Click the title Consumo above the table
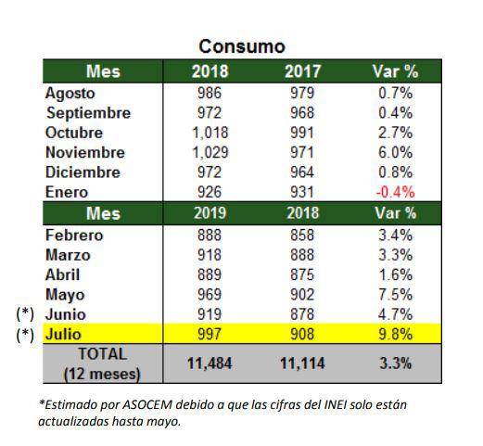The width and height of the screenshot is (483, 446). pyautogui.click(x=242, y=46)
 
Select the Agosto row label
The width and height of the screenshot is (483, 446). pyautogui.click(x=70, y=94)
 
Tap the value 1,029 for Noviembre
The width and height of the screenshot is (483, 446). pyautogui.click(x=210, y=152)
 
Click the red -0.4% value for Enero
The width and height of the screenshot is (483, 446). pyautogui.click(x=395, y=192)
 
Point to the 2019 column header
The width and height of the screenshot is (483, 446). pyautogui.click(x=210, y=213)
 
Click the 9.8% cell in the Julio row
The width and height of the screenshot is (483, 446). pyautogui.click(x=395, y=334)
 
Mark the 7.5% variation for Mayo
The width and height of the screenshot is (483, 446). pyautogui.click(x=395, y=294)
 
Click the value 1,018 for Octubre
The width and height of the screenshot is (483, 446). pyautogui.click(x=210, y=133)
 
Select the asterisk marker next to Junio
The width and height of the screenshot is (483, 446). pyautogui.click(x=25, y=313)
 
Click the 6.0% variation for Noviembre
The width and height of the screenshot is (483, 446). pyautogui.click(x=395, y=152)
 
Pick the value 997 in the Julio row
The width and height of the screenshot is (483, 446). pyautogui.click(x=210, y=334)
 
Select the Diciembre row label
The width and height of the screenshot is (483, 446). pyautogui.click(x=83, y=172)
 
